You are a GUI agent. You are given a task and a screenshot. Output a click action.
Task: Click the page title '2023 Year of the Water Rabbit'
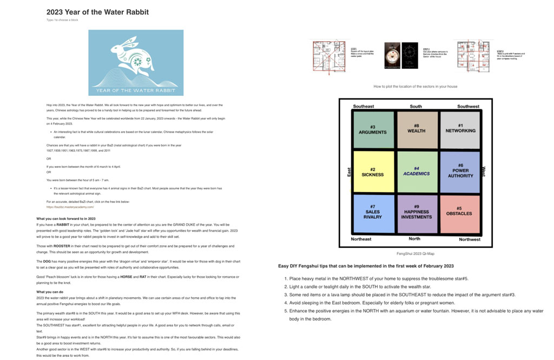[97, 12]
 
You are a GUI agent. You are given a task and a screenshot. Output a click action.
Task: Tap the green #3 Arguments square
[372, 129]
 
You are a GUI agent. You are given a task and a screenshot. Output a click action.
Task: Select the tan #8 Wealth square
[416, 129]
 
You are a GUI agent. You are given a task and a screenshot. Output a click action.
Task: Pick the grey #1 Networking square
[460, 129]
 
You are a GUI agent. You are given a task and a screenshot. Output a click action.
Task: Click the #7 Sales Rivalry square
[372, 214]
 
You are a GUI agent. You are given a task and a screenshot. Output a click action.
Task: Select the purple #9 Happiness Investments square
[416, 214]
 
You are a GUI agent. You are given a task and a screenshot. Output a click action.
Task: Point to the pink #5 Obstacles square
[460, 214]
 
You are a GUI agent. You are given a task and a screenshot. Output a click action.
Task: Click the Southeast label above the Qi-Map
[363, 107]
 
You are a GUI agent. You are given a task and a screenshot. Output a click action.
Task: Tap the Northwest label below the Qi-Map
[469, 239]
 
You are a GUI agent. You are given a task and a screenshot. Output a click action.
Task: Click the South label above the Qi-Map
[415, 107]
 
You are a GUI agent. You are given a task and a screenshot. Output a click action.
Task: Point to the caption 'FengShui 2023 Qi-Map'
[415, 253]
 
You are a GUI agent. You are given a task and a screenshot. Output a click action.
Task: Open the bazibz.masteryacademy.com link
[70, 207]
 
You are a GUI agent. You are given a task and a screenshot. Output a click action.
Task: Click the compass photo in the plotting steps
[392, 55]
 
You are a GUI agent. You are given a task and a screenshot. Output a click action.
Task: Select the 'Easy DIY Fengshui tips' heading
[366, 266]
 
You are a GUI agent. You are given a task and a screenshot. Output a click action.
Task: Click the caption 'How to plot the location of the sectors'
[415, 86]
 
